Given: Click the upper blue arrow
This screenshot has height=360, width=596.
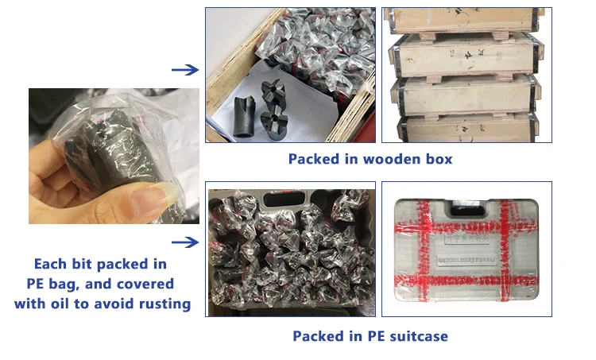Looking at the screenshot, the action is [x=184, y=70].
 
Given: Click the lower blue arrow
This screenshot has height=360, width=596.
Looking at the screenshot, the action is [x=184, y=242].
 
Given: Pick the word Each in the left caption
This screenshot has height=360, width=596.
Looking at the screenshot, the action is [x=51, y=264].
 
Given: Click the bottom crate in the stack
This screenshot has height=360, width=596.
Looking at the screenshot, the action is [x=461, y=127].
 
